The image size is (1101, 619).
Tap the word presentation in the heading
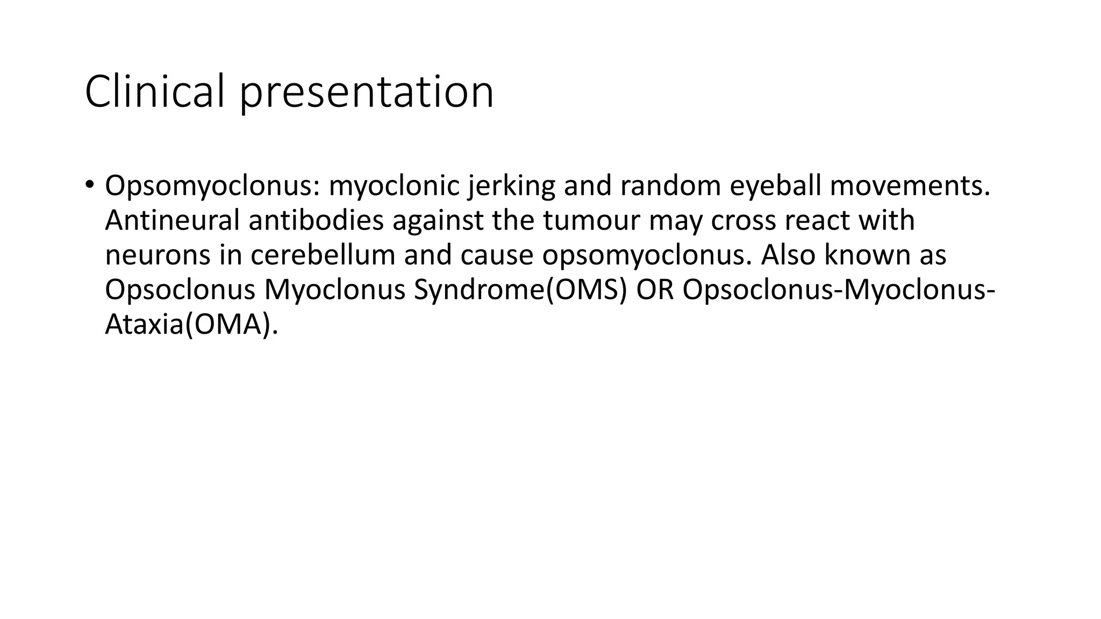[366, 92]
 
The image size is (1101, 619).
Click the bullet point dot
[89, 184]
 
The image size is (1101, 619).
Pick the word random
[670, 186]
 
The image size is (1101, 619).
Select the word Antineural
[172, 220]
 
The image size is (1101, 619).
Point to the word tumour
[591, 220]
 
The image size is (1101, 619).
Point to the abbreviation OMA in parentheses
[227, 324]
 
